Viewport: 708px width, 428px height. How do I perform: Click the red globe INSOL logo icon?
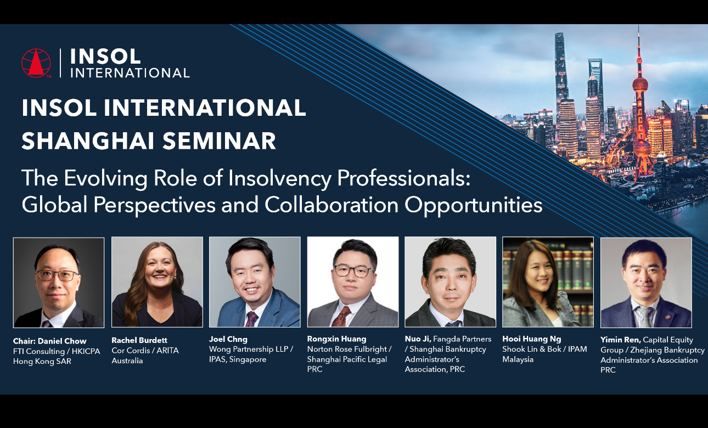[x=36, y=63]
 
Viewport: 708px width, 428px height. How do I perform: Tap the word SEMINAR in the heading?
[x=220, y=140]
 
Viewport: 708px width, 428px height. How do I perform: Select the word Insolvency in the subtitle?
[x=279, y=178]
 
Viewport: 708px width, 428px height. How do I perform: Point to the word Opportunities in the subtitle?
[x=474, y=205]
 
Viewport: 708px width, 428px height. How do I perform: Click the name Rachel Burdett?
[x=139, y=340]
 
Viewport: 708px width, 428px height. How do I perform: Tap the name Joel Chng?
[x=228, y=339]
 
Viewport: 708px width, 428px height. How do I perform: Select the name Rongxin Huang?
[x=336, y=339]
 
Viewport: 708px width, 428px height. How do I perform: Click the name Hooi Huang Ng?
[x=532, y=339]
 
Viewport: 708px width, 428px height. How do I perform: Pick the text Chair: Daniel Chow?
[x=49, y=341]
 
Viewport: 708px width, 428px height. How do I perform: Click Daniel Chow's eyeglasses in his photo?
[x=58, y=275]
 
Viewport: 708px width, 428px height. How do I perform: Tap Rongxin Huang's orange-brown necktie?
[x=342, y=317]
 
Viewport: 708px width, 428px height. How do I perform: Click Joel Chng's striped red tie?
[x=251, y=319]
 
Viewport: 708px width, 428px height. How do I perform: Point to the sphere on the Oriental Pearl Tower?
[x=640, y=84]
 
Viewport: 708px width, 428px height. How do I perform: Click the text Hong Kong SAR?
[x=42, y=361]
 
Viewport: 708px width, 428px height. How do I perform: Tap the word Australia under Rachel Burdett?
[x=127, y=361]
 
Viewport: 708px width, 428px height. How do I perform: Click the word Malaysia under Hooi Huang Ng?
[x=518, y=359]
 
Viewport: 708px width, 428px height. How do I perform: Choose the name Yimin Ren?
[x=620, y=340]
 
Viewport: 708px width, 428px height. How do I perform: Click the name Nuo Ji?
[x=418, y=339]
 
